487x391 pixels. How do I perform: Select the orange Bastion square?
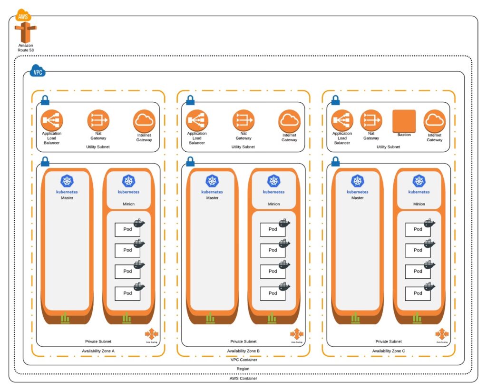[404, 121]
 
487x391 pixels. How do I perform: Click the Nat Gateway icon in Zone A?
[98, 120]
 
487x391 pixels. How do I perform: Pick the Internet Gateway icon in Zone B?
[289, 121]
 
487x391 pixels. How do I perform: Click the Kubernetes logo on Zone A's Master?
[67, 181]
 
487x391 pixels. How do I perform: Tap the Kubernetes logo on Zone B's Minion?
[273, 181]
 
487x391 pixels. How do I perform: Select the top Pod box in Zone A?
[127, 229]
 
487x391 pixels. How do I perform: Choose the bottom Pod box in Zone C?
[418, 293]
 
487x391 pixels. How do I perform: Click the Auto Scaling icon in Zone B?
[297, 333]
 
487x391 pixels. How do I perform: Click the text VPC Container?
[243, 360]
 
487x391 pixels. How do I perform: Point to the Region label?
[243, 369]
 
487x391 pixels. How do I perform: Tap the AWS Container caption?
[243, 378]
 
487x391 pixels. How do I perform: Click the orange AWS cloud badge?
[22, 16]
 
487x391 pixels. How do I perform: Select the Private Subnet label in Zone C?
[389, 342]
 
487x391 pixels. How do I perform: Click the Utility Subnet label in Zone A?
[98, 147]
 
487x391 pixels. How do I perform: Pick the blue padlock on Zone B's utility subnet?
[190, 100]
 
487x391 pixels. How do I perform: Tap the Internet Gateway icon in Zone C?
[434, 121]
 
